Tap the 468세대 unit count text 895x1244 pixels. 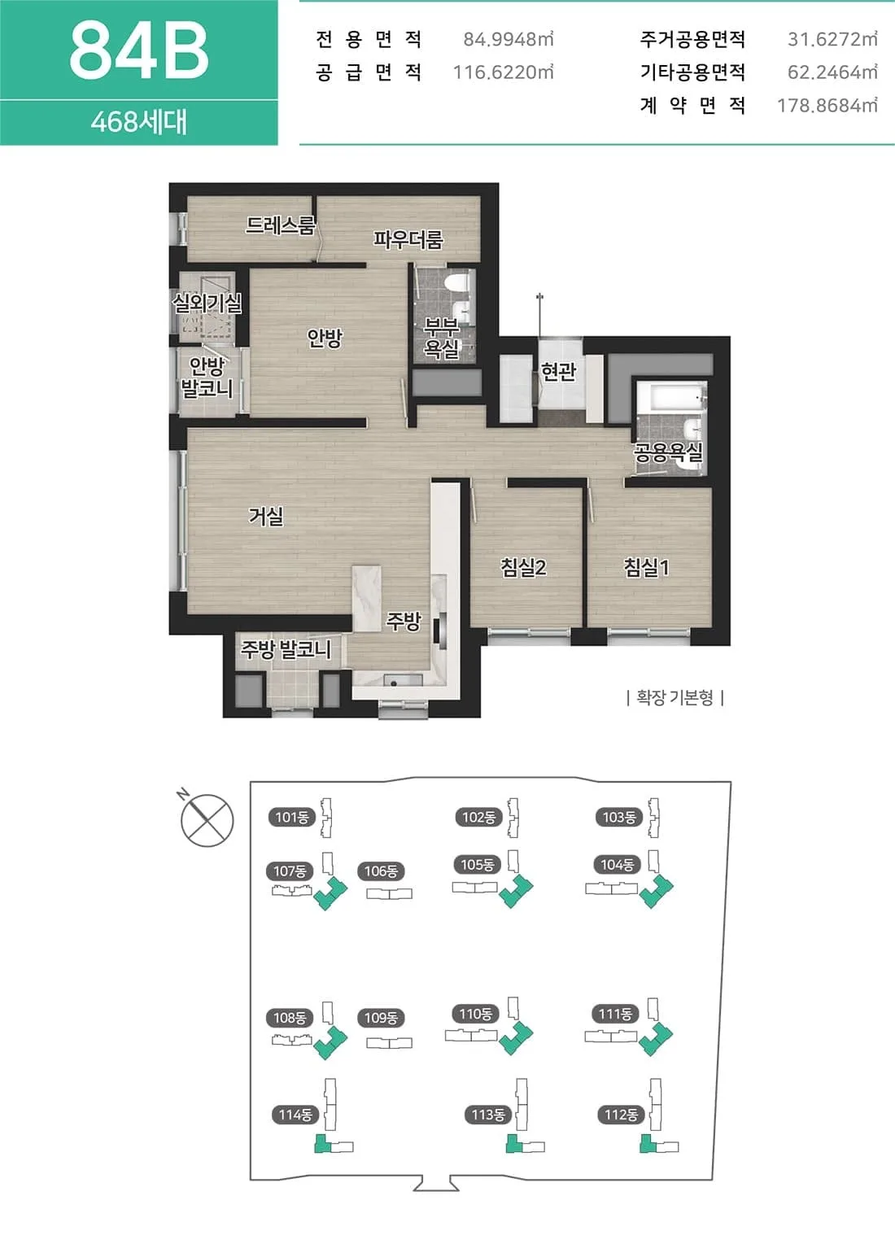139,121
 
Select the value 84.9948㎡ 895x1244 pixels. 509,39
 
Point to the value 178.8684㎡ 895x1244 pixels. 827,105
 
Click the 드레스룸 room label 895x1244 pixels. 281,225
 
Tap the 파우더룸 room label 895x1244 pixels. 408,239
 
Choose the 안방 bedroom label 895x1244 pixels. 325,338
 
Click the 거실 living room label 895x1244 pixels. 266,516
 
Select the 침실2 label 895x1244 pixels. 523,567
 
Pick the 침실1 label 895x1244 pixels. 646,567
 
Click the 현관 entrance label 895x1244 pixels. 558,371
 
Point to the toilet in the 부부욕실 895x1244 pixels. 459,282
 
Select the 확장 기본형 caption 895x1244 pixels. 675,697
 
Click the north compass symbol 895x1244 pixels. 207,819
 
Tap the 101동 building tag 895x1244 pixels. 292,817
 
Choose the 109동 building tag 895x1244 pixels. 381,1018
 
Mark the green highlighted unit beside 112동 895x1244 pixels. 648,1143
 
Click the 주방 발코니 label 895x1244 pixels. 286,648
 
